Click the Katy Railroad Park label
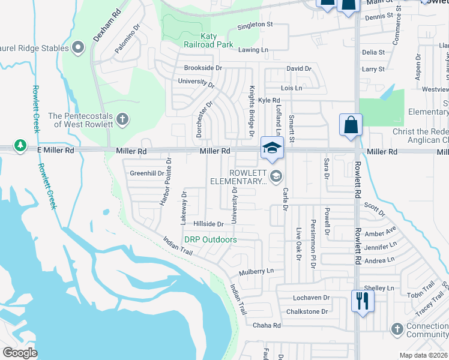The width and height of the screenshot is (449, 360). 208,40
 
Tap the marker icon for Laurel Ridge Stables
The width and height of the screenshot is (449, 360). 77,47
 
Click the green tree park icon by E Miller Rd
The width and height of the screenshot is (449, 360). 20,146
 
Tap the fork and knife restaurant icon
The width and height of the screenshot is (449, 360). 361,300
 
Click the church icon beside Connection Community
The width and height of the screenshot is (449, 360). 396,329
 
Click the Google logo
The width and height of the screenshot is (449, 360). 20,353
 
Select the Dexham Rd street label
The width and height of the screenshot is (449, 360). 107,25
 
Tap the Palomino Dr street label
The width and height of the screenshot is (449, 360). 127,40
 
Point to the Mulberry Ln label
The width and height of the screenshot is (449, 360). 256,271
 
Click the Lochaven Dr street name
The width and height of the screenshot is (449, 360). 312,298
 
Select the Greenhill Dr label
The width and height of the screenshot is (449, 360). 147,173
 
